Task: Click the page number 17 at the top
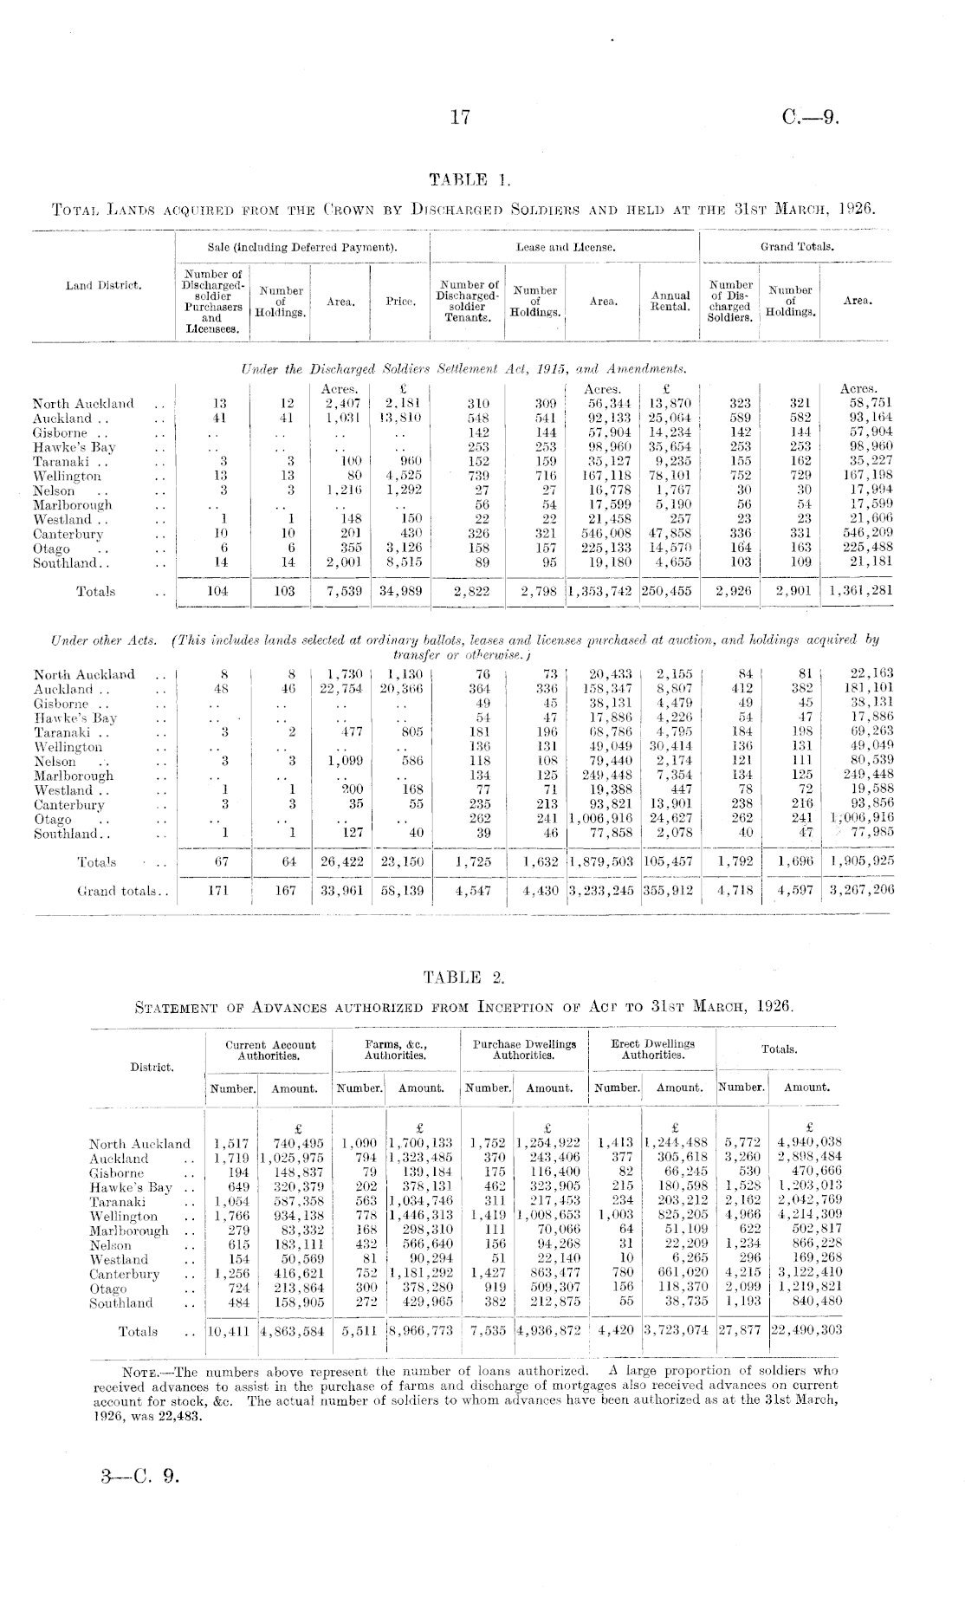[460, 119]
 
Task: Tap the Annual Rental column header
[670, 302]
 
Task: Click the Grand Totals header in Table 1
[797, 247]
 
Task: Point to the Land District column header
[104, 285]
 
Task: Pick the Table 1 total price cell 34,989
[399, 592]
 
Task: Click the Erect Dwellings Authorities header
[652, 1049]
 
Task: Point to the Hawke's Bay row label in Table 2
[129, 1187]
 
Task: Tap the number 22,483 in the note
[183, 1416]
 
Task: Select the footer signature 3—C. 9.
[139, 1474]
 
